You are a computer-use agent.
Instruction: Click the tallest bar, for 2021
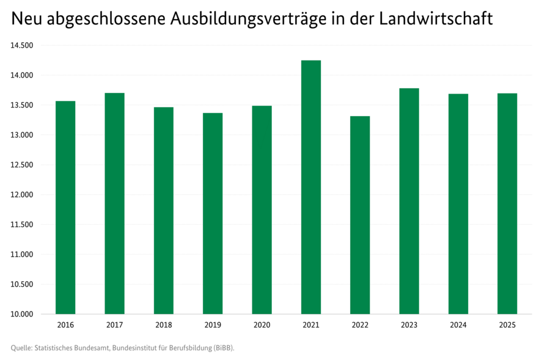point(310,187)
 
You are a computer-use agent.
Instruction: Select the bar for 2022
point(360,215)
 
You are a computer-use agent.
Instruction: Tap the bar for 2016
point(65,208)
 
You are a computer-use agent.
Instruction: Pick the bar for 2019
point(213,213)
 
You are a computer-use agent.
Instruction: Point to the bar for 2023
point(409,201)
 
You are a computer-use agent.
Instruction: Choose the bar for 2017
point(114,204)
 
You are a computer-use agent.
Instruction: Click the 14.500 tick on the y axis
point(21,46)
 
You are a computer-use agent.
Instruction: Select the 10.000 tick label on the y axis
point(21,314)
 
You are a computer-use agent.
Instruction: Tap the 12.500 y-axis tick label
point(21,165)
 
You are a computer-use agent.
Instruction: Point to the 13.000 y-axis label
point(21,135)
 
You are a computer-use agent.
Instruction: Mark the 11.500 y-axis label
point(21,225)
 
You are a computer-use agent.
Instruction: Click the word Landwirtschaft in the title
point(436,19)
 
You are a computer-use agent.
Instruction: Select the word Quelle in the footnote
point(21,348)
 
